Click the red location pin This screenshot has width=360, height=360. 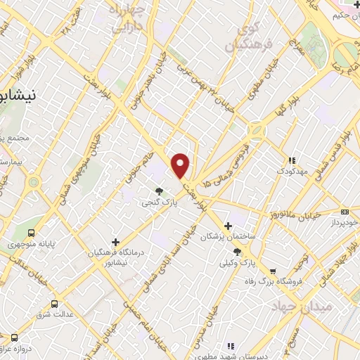pos(181,165)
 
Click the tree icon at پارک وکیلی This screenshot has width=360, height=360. pos(237,252)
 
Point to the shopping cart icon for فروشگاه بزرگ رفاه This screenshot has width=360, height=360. pos(273,271)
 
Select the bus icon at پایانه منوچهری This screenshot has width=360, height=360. pos(31,233)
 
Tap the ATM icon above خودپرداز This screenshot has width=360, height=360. pos(345,212)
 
